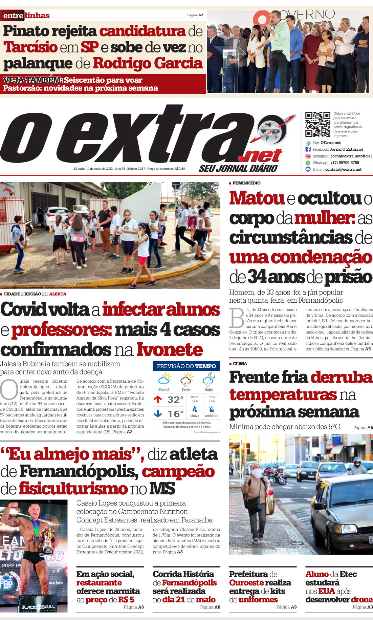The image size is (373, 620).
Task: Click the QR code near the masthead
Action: coord(317,124)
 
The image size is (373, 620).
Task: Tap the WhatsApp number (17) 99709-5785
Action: coord(345,163)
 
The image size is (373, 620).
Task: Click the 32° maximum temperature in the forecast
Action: coord(176,400)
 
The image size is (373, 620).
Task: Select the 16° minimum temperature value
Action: coord(176,414)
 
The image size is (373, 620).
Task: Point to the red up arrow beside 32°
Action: coord(158,400)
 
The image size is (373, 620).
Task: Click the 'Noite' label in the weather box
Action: coord(209,390)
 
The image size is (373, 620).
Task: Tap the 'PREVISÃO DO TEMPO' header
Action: coord(186,366)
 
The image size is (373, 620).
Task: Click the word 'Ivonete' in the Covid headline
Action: coord(170,350)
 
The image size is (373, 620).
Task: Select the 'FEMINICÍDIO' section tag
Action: coord(246,183)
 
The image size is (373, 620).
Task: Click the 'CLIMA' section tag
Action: coord(240,364)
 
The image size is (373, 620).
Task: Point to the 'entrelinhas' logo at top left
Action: coord(26,16)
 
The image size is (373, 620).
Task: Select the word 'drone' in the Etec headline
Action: coord(361,600)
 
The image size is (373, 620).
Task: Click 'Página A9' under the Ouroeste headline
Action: coord(286,607)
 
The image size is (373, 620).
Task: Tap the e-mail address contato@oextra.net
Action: coord(343,170)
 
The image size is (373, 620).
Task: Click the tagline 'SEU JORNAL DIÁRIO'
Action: coord(238,168)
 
